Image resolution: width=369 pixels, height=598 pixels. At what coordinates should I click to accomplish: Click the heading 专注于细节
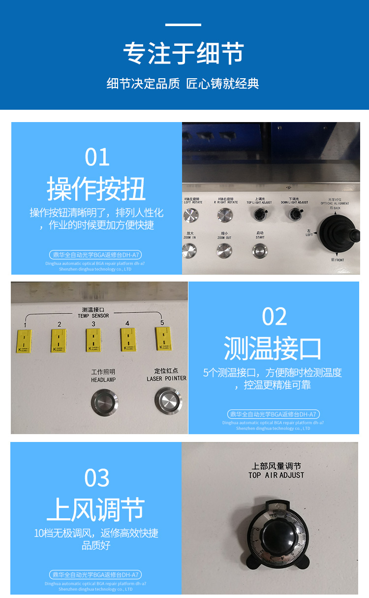pos(184,53)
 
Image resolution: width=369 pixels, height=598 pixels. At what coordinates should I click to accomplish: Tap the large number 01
pos(97,157)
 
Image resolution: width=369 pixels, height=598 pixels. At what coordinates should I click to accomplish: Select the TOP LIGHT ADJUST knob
pos(259,215)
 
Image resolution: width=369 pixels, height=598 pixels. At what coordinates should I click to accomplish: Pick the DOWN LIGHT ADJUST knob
pos(295,214)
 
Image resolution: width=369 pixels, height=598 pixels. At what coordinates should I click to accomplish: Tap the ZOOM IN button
pos(189,251)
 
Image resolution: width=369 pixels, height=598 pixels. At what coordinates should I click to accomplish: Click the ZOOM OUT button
pos(224,251)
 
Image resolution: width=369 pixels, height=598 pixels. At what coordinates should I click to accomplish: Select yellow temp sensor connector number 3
pos(92,341)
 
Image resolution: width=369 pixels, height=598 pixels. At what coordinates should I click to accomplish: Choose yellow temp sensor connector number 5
pos(162,340)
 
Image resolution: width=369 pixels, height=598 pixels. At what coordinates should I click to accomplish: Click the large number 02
pos(274,317)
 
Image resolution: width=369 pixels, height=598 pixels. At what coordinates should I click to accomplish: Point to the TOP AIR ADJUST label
pos(276,475)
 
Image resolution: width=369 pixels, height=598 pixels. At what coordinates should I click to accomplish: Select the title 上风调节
pos(96,509)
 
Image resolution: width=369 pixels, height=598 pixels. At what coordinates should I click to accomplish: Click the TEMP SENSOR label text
pos(93,315)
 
